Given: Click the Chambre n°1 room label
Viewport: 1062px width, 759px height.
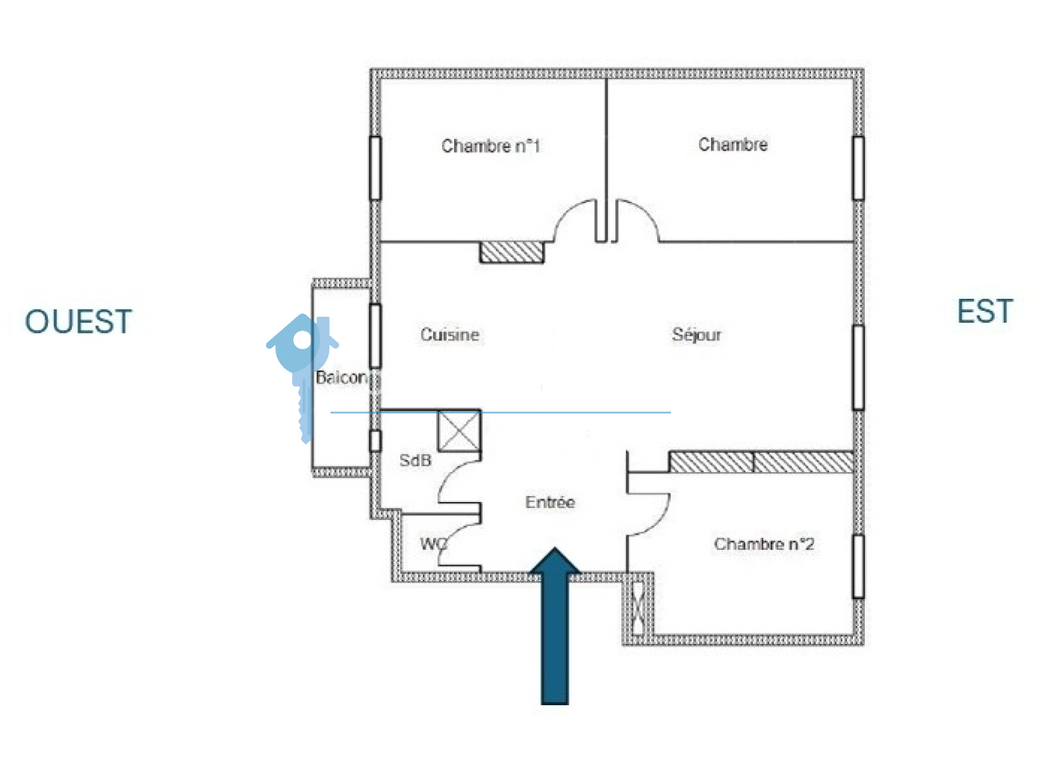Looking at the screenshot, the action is tap(491, 146).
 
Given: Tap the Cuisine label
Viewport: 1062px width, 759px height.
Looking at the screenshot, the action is tap(450, 335).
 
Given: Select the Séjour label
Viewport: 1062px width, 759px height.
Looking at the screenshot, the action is tap(696, 335).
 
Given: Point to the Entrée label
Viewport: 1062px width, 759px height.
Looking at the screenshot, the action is tap(550, 502).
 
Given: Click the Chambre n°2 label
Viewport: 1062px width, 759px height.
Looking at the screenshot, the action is tap(764, 544).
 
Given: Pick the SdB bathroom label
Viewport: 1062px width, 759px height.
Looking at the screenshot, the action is tap(416, 460).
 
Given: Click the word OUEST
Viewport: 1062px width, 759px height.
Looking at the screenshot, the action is tap(78, 321).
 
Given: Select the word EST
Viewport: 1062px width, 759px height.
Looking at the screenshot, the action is tap(985, 311).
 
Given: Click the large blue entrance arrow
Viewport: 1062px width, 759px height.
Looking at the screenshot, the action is tap(555, 626).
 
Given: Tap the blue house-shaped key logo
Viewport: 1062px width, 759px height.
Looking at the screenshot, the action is tap(303, 375).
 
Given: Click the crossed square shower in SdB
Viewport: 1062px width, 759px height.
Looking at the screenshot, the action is tap(459, 431).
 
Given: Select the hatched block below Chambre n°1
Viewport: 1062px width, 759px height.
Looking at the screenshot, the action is tap(512, 252).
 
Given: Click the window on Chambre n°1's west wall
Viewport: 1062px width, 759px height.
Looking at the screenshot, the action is tap(375, 168).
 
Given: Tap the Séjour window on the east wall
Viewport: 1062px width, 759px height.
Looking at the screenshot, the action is tap(858, 368).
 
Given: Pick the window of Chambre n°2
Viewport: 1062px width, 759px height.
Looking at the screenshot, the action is tap(858, 566).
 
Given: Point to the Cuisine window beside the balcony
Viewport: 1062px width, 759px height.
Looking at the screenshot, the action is tap(375, 336).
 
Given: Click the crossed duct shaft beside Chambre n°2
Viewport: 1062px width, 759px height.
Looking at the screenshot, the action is tap(638, 609).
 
